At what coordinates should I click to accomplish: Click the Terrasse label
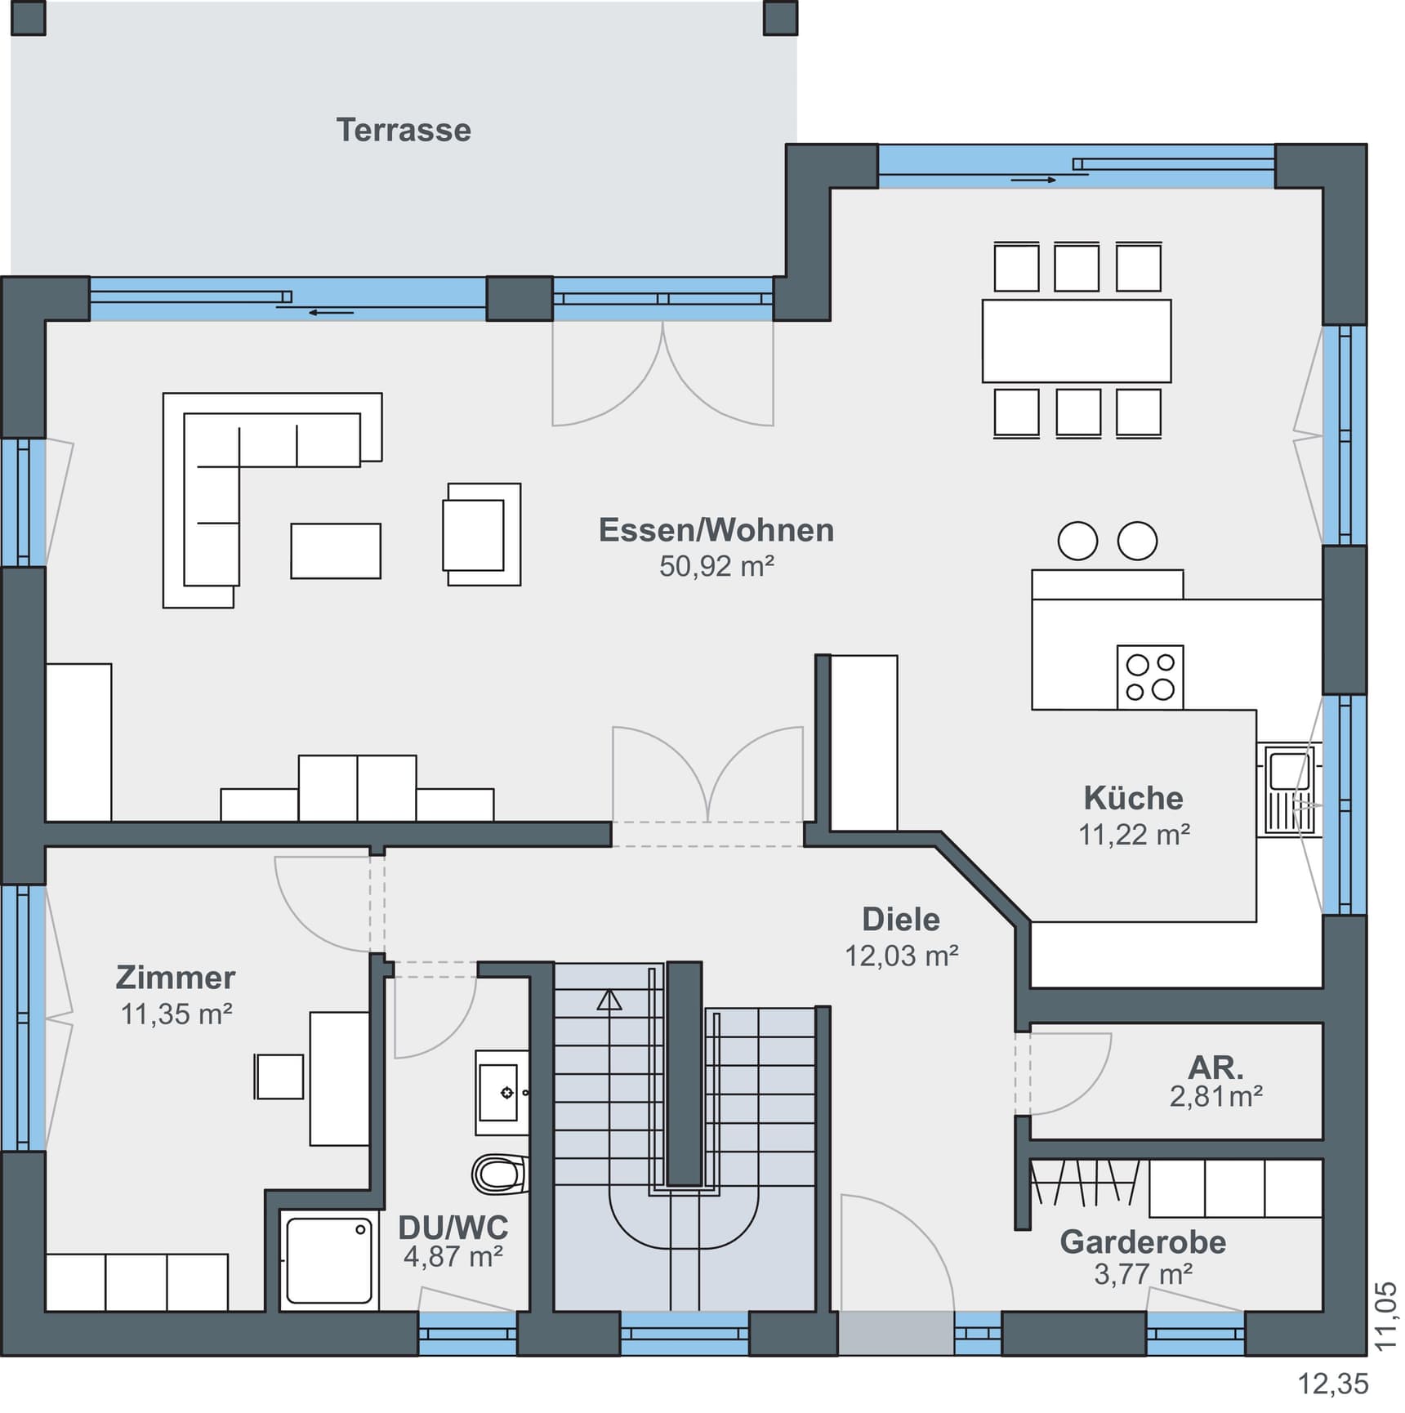click(x=404, y=131)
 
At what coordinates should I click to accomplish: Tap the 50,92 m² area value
click(x=716, y=567)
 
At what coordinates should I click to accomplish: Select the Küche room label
click(x=1133, y=798)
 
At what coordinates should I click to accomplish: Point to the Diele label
click(x=901, y=920)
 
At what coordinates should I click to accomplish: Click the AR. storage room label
click(x=1215, y=1068)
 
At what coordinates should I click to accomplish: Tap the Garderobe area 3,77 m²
click(x=1143, y=1274)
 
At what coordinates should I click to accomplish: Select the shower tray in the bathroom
click(x=329, y=1261)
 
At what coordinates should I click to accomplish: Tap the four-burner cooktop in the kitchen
click(x=1150, y=676)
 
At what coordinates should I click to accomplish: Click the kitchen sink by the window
click(x=1289, y=790)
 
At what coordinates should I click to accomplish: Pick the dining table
click(x=1076, y=341)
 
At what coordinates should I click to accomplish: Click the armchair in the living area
click(x=480, y=534)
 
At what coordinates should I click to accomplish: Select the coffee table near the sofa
click(x=336, y=551)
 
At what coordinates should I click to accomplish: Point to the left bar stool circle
click(x=1077, y=541)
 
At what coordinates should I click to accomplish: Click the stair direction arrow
click(x=609, y=1000)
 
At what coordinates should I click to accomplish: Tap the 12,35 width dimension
click(x=1333, y=1384)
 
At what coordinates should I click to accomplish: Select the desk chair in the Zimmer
click(x=279, y=1076)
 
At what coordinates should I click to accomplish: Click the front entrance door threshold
click(x=896, y=1333)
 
